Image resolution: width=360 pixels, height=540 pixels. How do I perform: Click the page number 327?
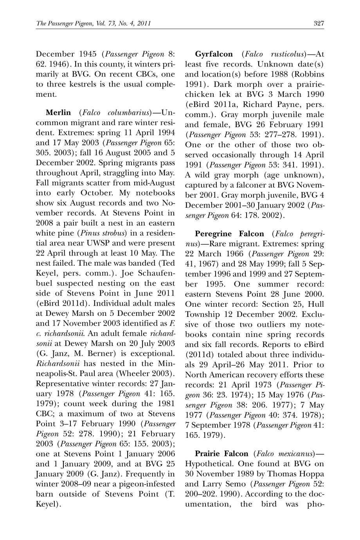(x=319, y=23)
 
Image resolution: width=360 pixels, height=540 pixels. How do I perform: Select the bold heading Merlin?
(x=58, y=113)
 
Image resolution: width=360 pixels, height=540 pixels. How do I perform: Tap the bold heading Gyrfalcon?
(x=214, y=54)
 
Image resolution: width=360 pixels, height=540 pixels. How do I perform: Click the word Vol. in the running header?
(x=101, y=23)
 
